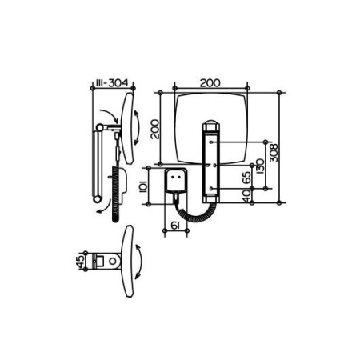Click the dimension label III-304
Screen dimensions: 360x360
click(x=112, y=83)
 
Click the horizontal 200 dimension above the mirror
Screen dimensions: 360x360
click(x=210, y=83)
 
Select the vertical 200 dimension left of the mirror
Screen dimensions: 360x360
click(x=154, y=129)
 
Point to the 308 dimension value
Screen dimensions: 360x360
click(x=274, y=153)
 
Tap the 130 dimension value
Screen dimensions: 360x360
click(x=259, y=166)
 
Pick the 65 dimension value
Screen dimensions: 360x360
click(x=246, y=177)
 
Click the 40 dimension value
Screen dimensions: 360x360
click(x=246, y=196)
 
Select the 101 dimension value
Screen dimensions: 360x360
click(x=143, y=186)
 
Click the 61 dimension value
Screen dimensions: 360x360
click(x=174, y=226)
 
